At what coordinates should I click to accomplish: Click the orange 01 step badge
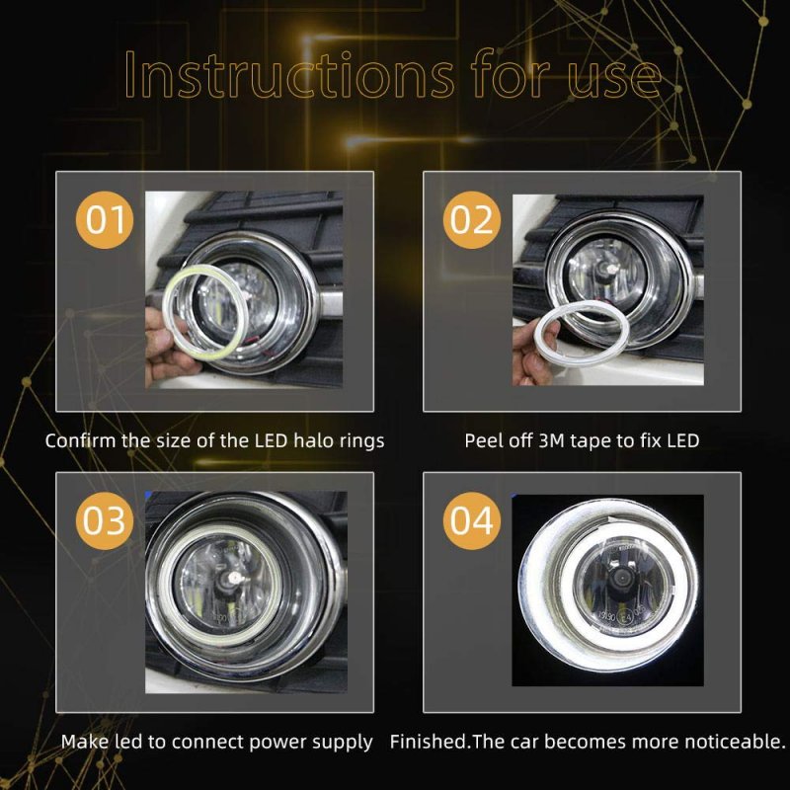[105, 219]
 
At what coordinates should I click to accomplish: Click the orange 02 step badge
[472, 219]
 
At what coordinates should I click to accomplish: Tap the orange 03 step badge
[105, 521]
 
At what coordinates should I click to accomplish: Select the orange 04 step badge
[472, 521]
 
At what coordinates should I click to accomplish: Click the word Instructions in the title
[289, 73]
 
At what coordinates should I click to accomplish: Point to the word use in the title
[613, 77]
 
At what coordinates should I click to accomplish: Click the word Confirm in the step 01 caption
[80, 440]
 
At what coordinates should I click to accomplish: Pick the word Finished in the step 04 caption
[429, 742]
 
